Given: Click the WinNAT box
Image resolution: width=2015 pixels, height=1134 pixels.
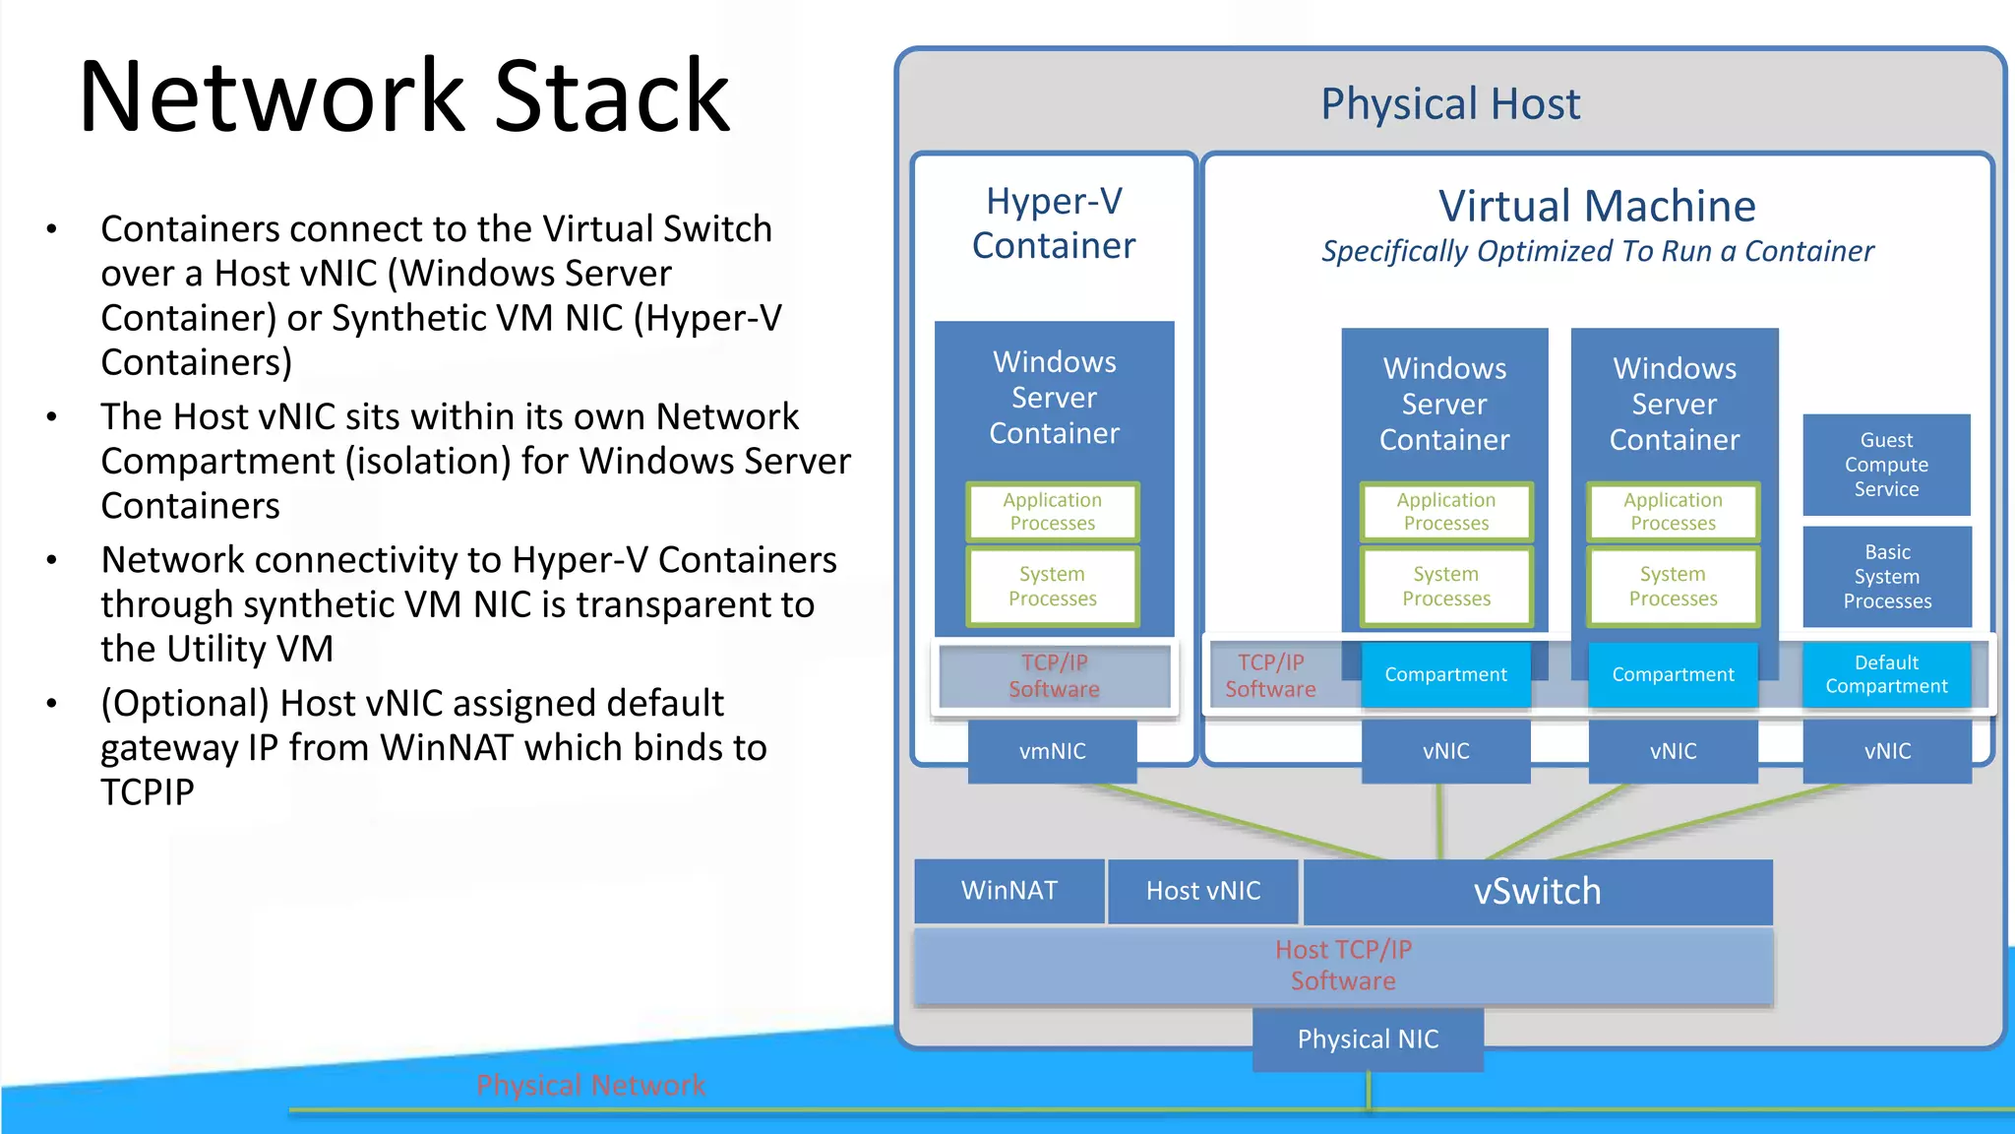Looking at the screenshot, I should (x=1008, y=891).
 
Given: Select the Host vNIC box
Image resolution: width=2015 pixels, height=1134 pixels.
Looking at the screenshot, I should (x=1202, y=891).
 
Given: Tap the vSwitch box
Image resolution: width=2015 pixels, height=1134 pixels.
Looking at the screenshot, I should (x=1537, y=891).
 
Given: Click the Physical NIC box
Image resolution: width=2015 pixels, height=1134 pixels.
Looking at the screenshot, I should (x=1368, y=1039).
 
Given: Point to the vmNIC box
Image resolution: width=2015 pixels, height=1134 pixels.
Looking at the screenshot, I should (x=1052, y=751).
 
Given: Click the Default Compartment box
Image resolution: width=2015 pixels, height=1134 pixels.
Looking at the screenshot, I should (x=1886, y=674).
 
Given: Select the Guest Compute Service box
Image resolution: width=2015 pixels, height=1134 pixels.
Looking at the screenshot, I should (x=1886, y=465).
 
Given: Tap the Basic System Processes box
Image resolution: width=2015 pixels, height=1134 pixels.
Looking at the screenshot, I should (x=1886, y=577).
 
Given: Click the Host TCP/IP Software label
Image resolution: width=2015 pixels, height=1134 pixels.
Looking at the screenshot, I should (x=1343, y=965).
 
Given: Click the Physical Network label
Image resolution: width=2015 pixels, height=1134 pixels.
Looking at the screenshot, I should (x=590, y=1085).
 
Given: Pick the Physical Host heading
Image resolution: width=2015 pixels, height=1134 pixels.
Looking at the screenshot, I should (x=1449, y=104).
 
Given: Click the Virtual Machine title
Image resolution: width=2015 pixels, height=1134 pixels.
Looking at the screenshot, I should (x=1596, y=207).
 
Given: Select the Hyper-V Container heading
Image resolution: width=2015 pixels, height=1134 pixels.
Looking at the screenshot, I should (x=1053, y=223).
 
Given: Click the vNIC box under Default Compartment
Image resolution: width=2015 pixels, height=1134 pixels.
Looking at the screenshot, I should (x=1886, y=751).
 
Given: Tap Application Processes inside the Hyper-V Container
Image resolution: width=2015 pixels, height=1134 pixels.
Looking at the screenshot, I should (x=1052, y=512).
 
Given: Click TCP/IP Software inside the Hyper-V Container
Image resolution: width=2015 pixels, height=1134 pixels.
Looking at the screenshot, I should (x=1054, y=675).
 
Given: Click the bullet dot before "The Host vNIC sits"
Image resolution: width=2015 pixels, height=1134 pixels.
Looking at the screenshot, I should (x=51, y=417).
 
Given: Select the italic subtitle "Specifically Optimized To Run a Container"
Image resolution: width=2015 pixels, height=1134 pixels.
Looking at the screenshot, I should (x=1597, y=252).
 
